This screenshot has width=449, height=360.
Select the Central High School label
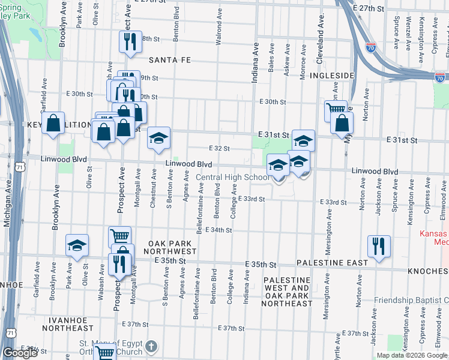point(233,177)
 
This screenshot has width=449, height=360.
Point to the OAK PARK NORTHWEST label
point(172,247)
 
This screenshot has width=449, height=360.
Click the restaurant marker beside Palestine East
point(379,245)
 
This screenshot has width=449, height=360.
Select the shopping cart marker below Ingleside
point(336,110)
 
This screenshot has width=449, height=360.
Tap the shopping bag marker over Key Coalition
point(54,123)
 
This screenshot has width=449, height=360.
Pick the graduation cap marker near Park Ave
point(77,245)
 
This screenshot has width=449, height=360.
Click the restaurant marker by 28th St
point(130,41)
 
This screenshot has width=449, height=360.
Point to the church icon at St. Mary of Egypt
point(151,346)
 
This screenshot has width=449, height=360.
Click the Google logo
point(20,353)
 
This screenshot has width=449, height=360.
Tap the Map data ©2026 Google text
point(411,355)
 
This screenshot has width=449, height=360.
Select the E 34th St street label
point(218,230)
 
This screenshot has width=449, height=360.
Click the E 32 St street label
point(220,148)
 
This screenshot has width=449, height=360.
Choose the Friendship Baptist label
point(411,300)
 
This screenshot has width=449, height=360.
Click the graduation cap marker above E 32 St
point(159,137)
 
